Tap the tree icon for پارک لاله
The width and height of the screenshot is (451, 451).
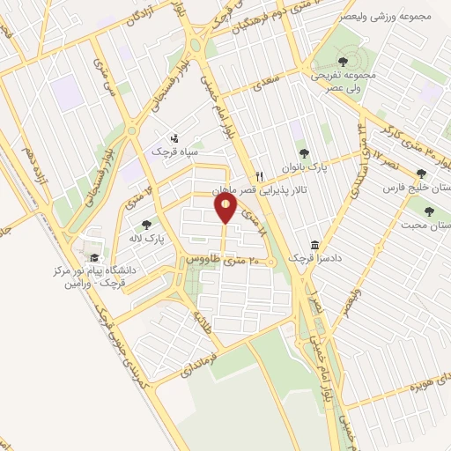[x=146, y=225]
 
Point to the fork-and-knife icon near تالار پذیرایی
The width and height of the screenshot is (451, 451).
[x=259, y=174]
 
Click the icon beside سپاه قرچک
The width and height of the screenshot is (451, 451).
[x=174, y=137]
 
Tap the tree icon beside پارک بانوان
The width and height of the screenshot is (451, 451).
[x=304, y=154]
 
